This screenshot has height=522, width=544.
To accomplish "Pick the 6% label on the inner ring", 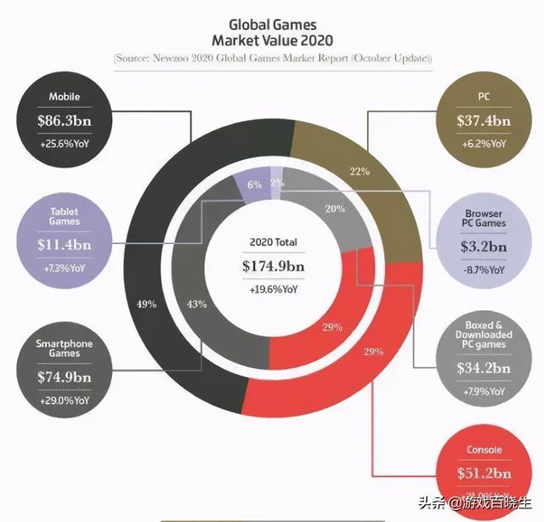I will (254, 184).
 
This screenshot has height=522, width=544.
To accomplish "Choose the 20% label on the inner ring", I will (334, 209).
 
